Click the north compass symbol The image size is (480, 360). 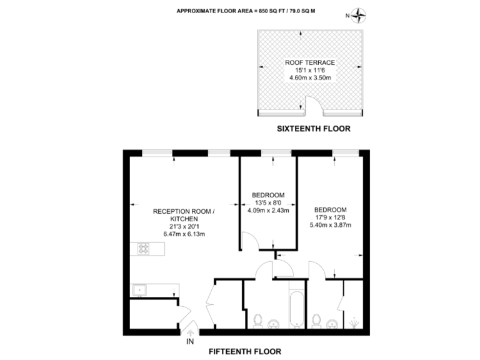(359, 16)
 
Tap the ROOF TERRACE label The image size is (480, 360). (310, 62)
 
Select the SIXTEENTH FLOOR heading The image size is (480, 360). (314, 129)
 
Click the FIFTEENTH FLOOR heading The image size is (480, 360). (244, 351)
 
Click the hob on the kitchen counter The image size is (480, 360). (144, 249)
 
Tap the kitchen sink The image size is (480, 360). (138, 290)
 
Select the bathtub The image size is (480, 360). (296, 306)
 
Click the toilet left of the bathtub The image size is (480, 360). (257, 321)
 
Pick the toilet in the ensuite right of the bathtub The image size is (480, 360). (316, 321)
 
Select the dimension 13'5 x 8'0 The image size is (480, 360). (269, 202)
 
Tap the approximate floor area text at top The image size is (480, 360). (241, 11)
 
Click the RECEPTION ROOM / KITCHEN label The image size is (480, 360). (184, 216)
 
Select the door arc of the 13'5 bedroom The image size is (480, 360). (249, 240)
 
